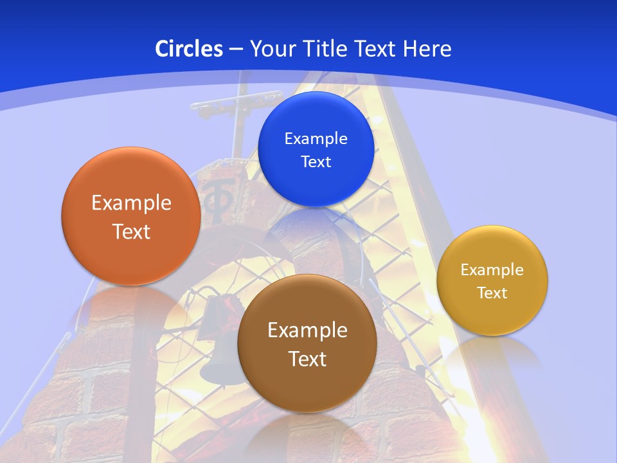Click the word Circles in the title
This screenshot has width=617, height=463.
pyautogui.click(x=188, y=49)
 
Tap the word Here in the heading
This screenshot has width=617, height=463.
pyautogui.click(x=427, y=49)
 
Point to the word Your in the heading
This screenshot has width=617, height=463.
pyautogui.click(x=271, y=49)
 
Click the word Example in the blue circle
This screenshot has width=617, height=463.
pyautogui.click(x=316, y=138)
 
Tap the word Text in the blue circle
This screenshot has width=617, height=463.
pyautogui.click(x=316, y=161)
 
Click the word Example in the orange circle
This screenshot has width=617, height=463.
pyautogui.click(x=131, y=203)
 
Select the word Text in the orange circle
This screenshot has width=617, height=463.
pyautogui.click(x=131, y=232)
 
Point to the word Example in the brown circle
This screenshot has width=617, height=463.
pyautogui.click(x=307, y=331)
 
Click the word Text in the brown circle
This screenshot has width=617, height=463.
pyautogui.click(x=307, y=359)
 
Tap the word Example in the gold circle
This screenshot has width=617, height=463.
pyautogui.click(x=492, y=270)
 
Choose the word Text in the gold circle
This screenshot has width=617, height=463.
pyautogui.click(x=492, y=293)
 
